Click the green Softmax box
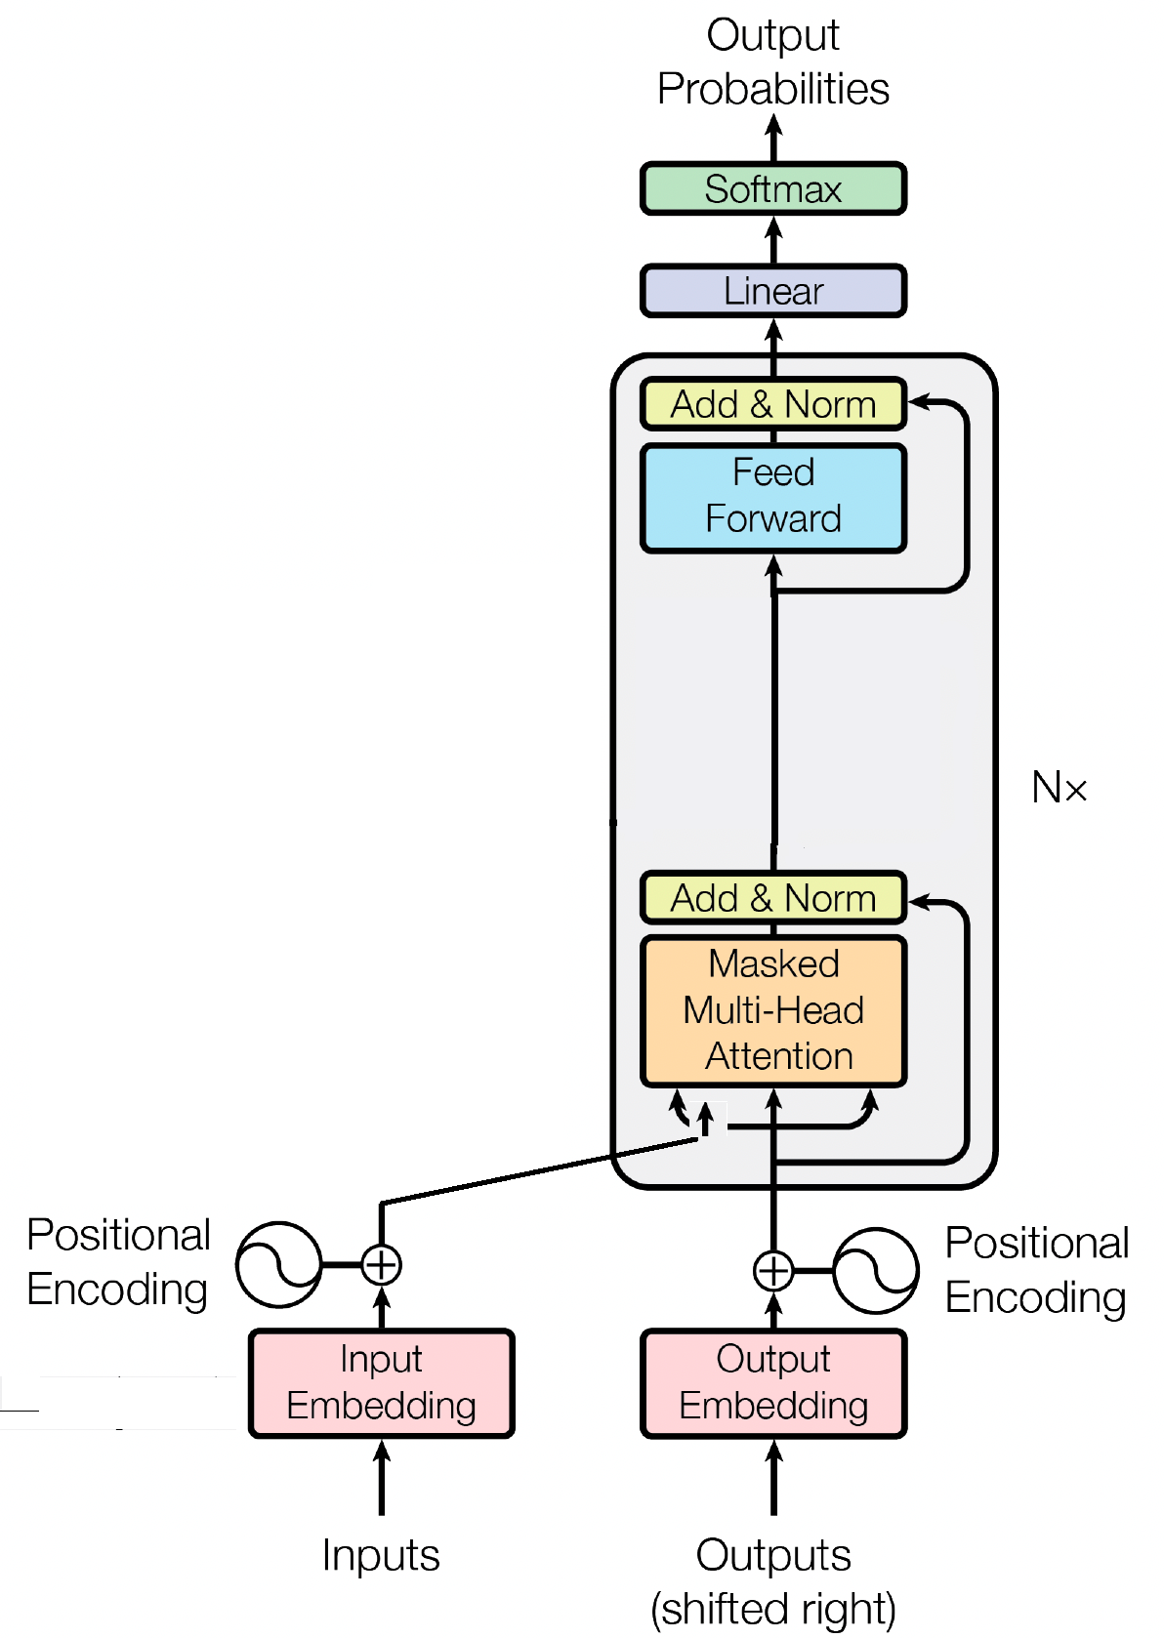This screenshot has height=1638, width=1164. pyautogui.click(x=773, y=188)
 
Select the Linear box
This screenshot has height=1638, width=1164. pyautogui.click(x=773, y=291)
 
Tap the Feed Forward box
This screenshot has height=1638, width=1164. pyautogui.click(x=773, y=498)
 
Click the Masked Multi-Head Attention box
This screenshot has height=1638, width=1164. pyautogui.click(x=773, y=1010)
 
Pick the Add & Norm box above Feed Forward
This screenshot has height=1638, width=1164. pyautogui.click(x=773, y=404)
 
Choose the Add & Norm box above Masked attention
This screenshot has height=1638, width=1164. pyautogui.click(x=773, y=897)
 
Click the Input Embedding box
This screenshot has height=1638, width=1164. pyautogui.click(x=381, y=1383)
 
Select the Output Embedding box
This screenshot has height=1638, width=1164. pyautogui.click(x=773, y=1383)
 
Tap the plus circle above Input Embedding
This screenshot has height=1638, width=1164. pyautogui.click(x=381, y=1264)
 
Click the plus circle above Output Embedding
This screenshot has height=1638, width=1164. pyautogui.click(x=773, y=1271)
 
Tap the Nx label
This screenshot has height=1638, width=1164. pyautogui.click(x=1059, y=788)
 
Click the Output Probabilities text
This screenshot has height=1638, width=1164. pyautogui.click(x=773, y=61)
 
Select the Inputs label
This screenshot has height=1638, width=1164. pyautogui.click(x=381, y=1555)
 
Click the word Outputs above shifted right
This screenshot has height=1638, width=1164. pyautogui.click(x=773, y=1555)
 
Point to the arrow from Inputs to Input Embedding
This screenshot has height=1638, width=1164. pyautogui.click(x=381, y=1477)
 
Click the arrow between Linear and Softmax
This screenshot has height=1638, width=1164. pyautogui.click(x=773, y=240)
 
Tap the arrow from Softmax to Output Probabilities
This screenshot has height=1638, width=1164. pyautogui.click(x=773, y=139)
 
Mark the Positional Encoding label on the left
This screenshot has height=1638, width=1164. pyautogui.click(x=118, y=1262)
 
